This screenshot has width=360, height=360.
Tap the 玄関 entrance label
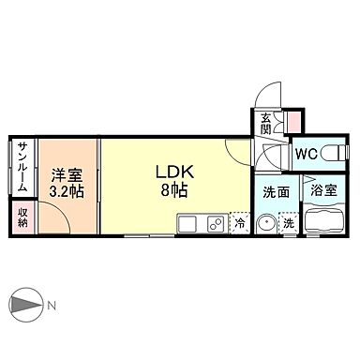pos(266,123)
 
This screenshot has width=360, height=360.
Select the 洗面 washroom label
pos(275,191)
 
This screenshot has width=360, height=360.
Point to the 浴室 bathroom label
pos(324,191)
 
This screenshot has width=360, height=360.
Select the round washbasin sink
pos(266,224)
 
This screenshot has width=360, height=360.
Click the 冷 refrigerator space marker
pos(240,223)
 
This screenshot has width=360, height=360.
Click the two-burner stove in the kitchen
pos(214,223)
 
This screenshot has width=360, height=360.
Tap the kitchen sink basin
pos(186,223)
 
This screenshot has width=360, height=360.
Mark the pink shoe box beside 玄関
pos(293,121)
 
